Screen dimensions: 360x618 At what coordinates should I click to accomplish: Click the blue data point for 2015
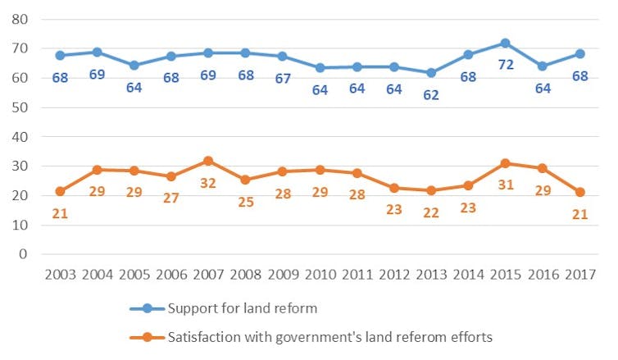[505, 43]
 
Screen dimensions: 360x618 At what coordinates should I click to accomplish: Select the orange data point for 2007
[208, 161]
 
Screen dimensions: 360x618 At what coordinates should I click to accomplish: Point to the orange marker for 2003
[60, 191]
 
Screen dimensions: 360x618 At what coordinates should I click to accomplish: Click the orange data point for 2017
[579, 192]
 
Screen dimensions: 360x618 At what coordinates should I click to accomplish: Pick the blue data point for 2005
[134, 66]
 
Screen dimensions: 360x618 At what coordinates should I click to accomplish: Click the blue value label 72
[506, 64]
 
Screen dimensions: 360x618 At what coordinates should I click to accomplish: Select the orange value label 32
[208, 183]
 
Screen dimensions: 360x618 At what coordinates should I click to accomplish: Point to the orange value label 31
[506, 185]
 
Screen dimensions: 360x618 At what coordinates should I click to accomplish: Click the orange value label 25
[245, 201]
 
